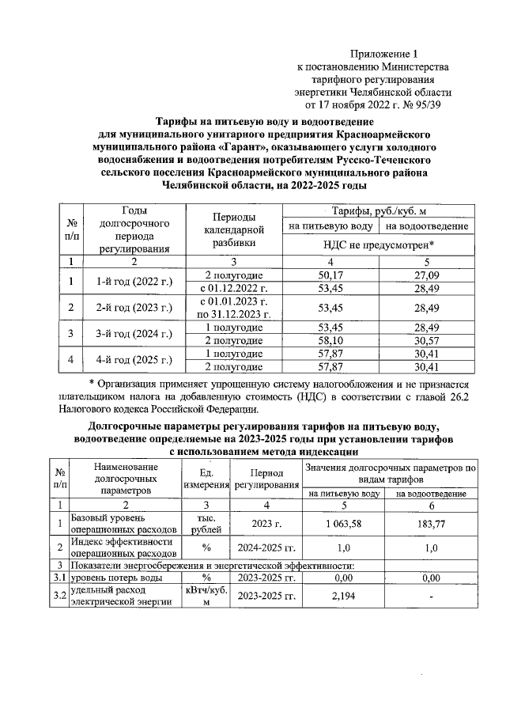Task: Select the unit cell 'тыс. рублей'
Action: coord(205,523)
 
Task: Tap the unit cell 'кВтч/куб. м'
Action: coord(205,596)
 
